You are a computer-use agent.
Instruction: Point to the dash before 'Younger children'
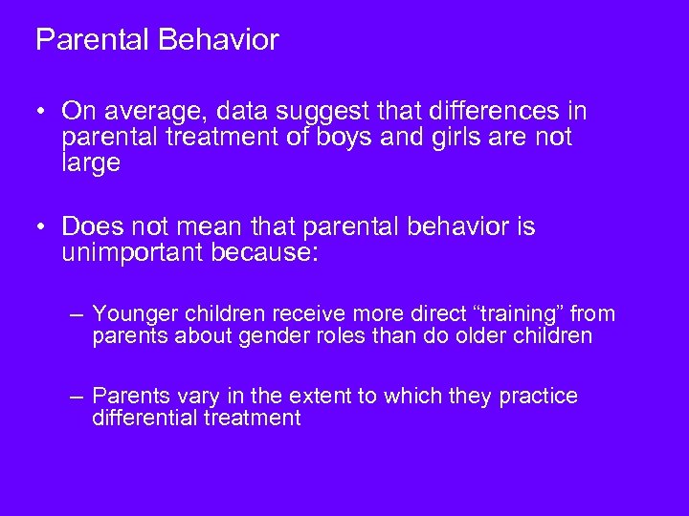(x=78, y=314)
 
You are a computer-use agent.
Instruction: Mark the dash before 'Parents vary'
(x=78, y=397)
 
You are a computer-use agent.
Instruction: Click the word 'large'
(x=92, y=164)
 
